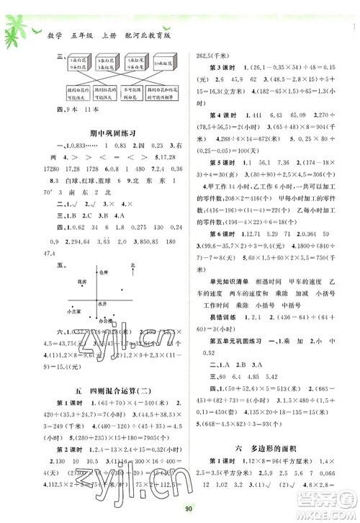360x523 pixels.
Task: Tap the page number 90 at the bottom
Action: pyautogui.click(x=181, y=509)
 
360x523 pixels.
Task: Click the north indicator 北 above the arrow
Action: pyautogui.click(x=132, y=267)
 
